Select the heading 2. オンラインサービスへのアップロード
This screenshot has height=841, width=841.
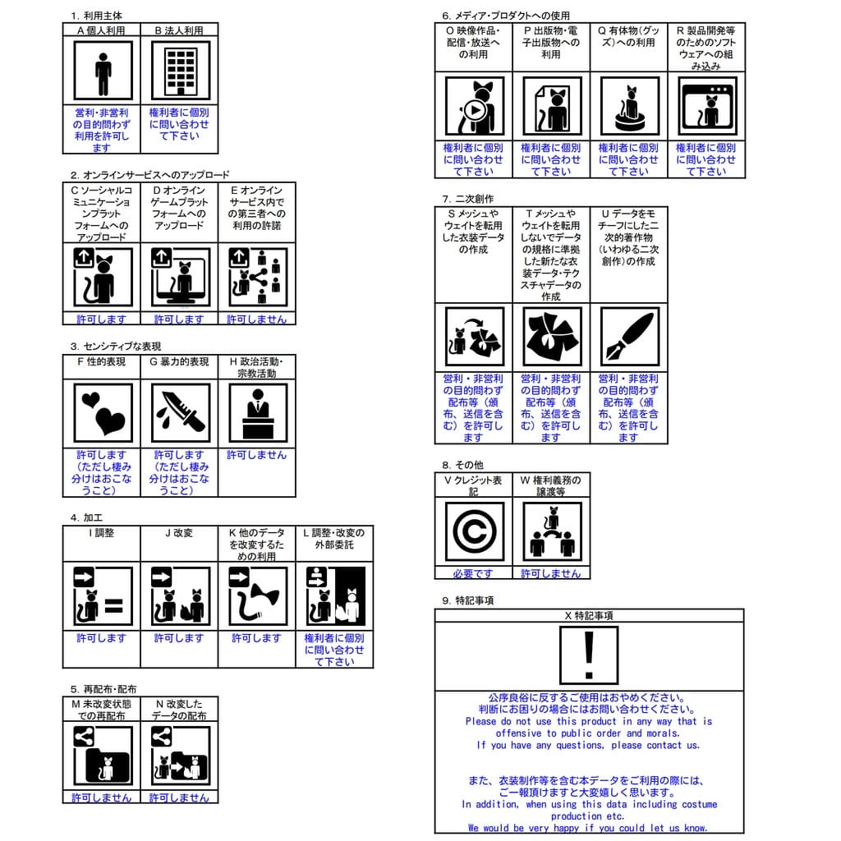point(150,175)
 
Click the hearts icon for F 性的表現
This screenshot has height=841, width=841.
point(102,412)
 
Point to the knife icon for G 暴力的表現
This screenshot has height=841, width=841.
point(180,412)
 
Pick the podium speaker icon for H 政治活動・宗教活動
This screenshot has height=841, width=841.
point(257,412)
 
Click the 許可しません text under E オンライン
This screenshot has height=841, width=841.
point(257,319)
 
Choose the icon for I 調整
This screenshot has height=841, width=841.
point(102,596)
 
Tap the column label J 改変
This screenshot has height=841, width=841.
point(179,533)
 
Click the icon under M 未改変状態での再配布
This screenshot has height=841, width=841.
point(102,756)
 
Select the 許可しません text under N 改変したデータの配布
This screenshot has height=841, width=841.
point(180,797)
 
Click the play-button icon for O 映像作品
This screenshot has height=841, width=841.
point(474,106)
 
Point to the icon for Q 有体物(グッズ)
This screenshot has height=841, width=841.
point(629,106)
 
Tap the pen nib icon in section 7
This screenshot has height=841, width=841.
point(629,337)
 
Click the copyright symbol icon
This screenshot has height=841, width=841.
point(474,531)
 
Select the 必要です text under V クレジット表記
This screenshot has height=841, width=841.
point(474,573)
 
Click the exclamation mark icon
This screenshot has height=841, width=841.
point(588,655)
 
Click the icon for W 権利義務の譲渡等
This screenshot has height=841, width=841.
point(551,531)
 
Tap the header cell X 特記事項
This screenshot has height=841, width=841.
point(588,616)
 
